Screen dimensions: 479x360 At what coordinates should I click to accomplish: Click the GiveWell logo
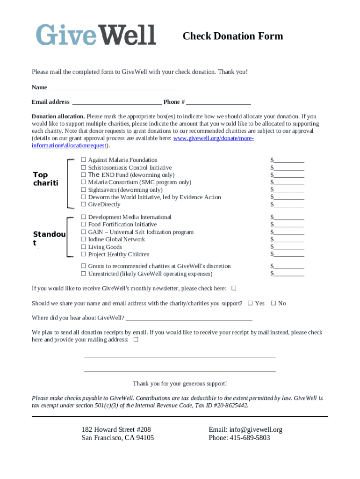(x=96, y=35)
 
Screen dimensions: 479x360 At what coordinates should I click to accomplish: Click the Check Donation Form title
(x=232, y=36)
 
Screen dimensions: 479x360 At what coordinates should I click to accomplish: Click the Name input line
(x=115, y=87)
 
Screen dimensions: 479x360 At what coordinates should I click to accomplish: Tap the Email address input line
(x=117, y=102)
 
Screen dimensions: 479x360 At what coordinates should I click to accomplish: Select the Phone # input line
(x=218, y=102)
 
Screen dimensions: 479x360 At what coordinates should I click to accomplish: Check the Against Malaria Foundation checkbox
(x=83, y=160)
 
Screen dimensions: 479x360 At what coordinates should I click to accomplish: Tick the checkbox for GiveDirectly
(x=83, y=204)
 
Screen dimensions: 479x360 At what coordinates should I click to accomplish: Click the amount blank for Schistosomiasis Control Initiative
(x=289, y=167)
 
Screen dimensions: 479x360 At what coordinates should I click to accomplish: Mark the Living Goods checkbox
(x=83, y=247)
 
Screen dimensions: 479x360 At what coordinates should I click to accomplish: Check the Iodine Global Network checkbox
(x=83, y=239)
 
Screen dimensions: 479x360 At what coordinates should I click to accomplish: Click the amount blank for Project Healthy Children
(x=289, y=254)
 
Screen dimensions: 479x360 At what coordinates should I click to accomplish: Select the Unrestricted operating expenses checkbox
(x=83, y=274)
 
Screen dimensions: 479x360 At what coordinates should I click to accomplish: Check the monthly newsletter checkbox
(x=234, y=288)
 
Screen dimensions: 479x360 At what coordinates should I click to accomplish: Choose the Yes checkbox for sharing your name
(x=250, y=303)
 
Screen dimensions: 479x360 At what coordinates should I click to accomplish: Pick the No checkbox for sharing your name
(x=274, y=303)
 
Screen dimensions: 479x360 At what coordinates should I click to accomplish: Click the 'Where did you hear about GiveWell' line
(x=189, y=318)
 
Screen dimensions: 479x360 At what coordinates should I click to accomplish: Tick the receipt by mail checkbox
(x=136, y=340)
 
